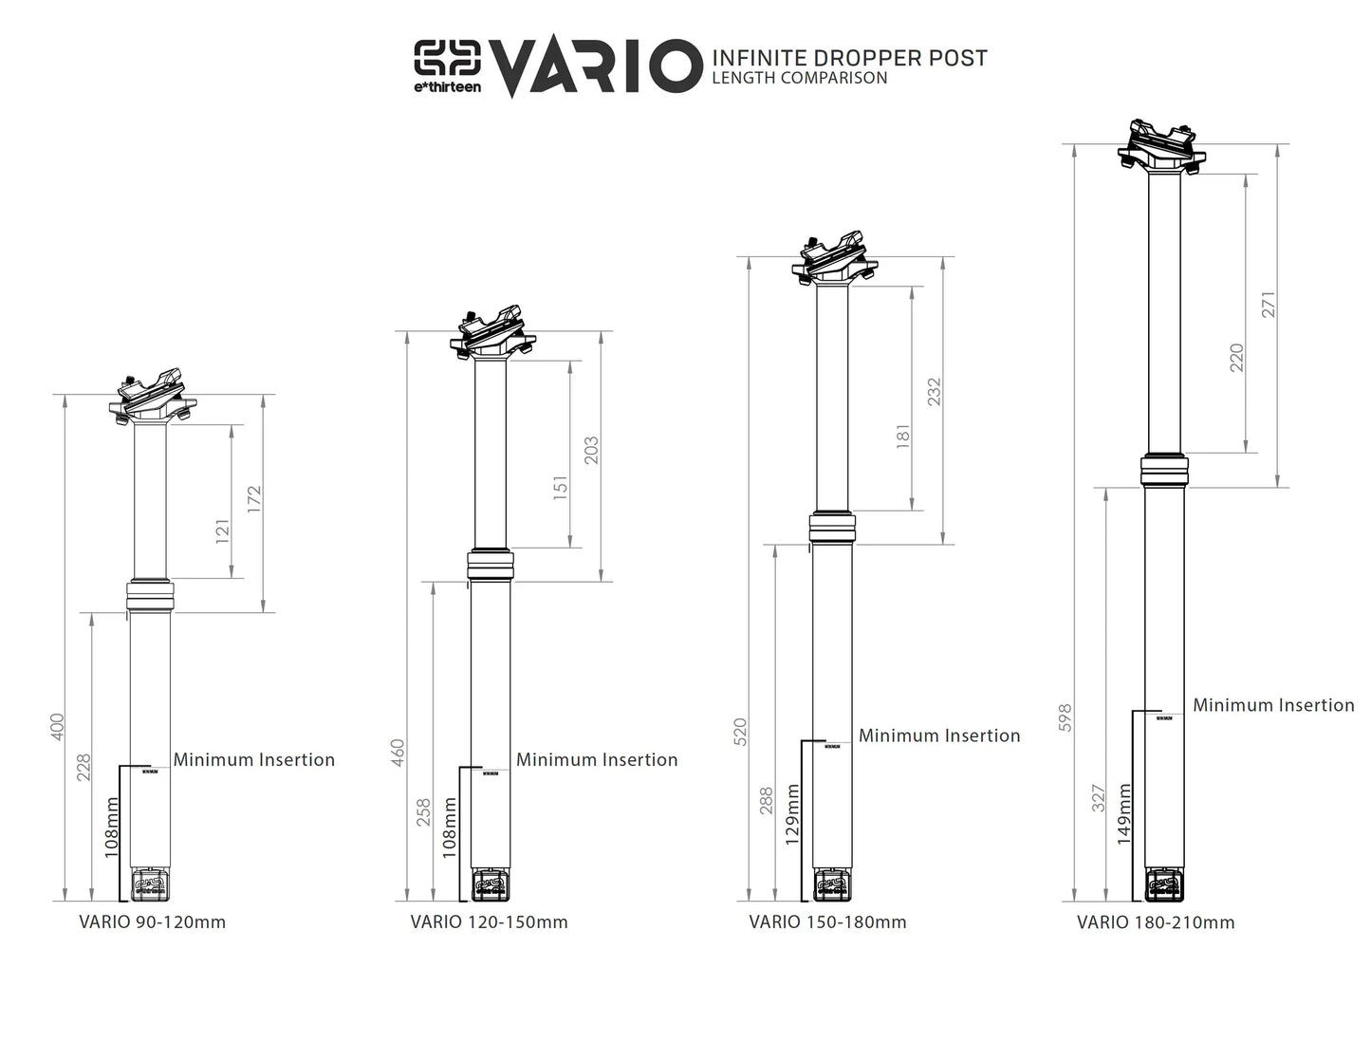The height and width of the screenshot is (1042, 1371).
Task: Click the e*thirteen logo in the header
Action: (447, 65)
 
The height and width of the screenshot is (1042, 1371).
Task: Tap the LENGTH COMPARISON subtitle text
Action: (799, 79)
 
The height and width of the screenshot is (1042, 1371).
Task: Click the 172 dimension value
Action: (253, 500)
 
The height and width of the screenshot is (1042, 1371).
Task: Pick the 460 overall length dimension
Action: (398, 753)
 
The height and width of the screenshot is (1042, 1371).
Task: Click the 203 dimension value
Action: (591, 451)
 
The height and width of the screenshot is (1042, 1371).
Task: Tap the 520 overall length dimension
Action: (740, 732)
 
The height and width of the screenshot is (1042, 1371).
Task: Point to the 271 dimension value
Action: (1269, 304)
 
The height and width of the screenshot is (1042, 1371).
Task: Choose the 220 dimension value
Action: (1236, 357)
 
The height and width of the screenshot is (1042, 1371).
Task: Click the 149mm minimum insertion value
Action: (1123, 813)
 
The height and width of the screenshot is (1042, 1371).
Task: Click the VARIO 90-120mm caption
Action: (152, 921)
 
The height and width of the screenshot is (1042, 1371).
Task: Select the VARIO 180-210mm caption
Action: (1156, 922)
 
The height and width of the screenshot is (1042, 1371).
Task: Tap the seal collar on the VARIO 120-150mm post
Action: (490, 566)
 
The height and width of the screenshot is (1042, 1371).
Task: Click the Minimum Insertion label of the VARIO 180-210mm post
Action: (1273, 705)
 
